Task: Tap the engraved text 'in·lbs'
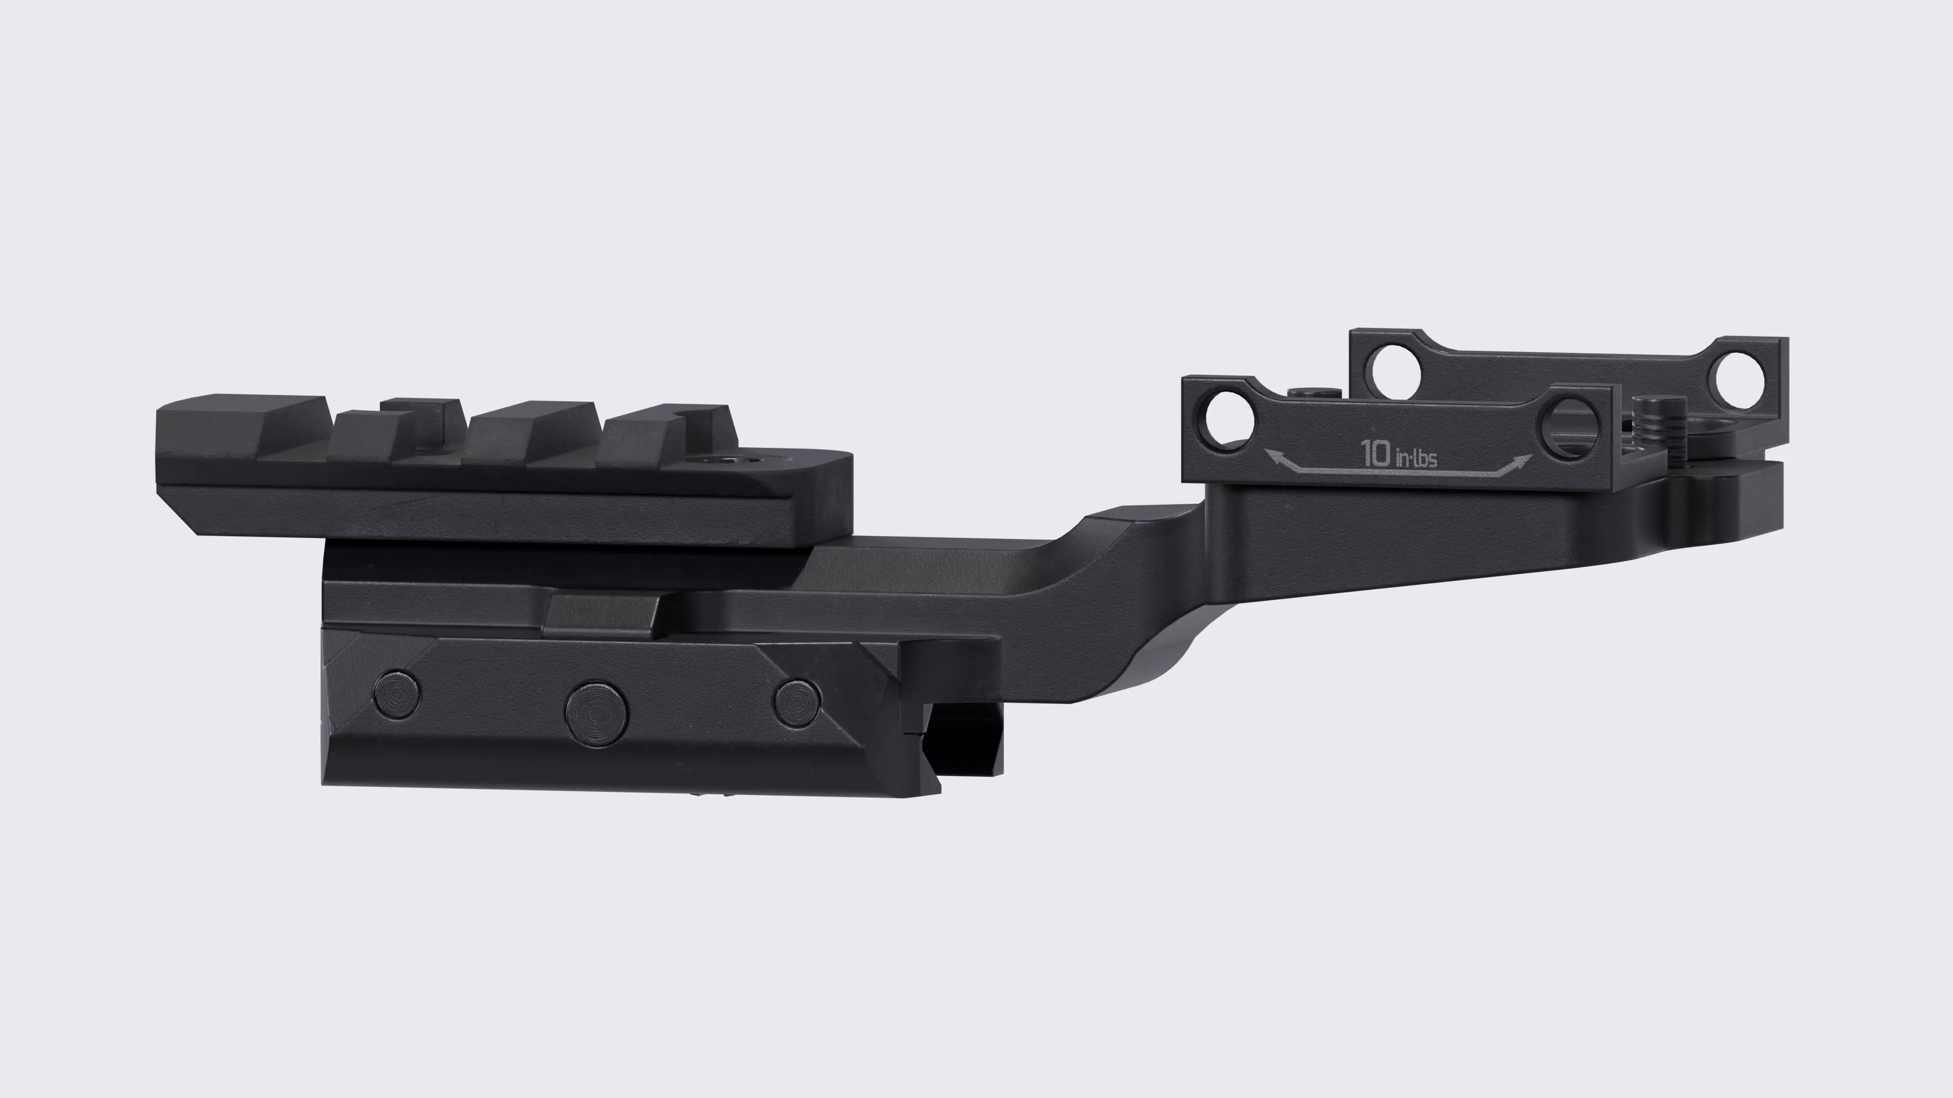[x=1415, y=457]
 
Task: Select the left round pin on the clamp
[x=397, y=694]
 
